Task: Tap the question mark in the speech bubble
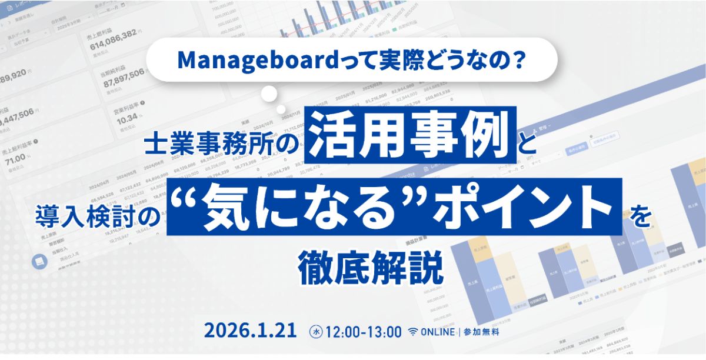coord(517,59)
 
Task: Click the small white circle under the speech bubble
coord(269,94)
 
